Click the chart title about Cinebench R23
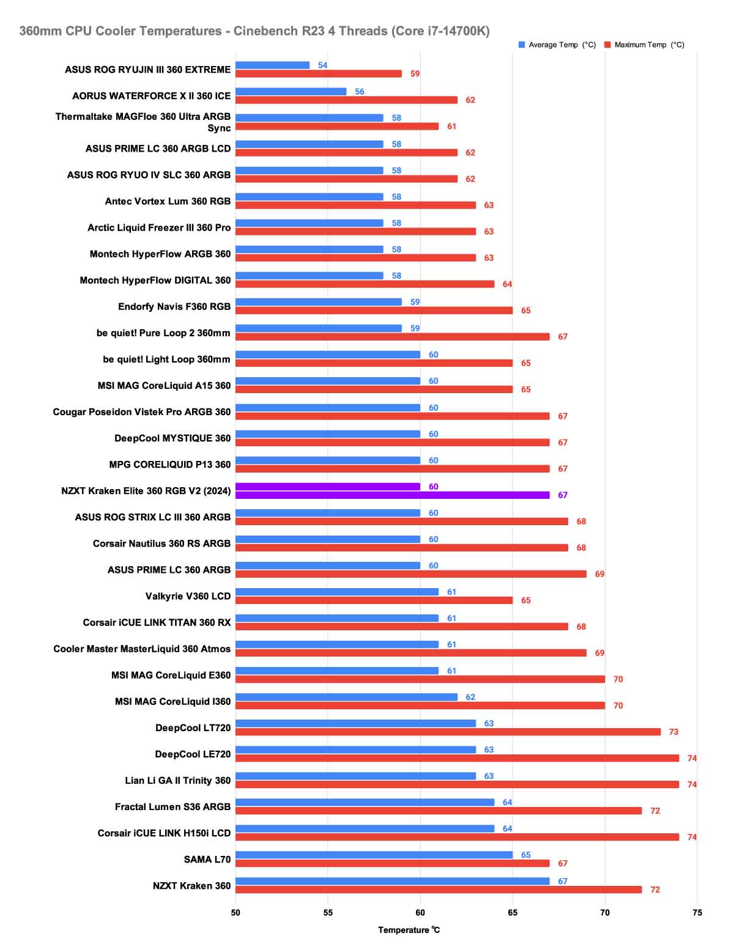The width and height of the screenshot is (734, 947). (x=254, y=31)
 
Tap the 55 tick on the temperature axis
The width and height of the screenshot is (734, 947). (x=328, y=913)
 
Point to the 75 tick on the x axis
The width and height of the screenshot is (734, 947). (x=697, y=913)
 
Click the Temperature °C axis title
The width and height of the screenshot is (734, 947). (x=409, y=930)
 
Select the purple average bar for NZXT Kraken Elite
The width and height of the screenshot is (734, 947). (x=328, y=487)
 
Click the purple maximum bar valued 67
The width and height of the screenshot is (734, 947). (x=392, y=495)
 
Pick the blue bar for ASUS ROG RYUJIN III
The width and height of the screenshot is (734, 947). (x=272, y=65)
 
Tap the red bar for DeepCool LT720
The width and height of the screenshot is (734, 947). (x=448, y=732)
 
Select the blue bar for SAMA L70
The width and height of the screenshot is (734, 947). (x=374, y=855)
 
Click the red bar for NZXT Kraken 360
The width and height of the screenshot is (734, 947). (x=439, y=890)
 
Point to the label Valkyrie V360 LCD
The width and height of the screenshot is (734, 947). (x=188, y=596)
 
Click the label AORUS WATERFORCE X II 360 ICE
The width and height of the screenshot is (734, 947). (x=151, y=96)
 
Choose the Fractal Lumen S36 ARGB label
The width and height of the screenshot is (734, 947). (x=172, y=807)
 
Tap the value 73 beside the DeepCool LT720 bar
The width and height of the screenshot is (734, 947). (x=673, y=732)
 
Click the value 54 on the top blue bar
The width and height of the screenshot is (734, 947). (x=322, y=65)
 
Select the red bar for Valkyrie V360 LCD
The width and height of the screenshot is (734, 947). (x=374, y=600)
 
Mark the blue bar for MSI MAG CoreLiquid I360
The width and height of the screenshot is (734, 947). (x=346, y=697)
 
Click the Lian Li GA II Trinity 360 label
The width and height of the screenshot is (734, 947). (x=177, y=781)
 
